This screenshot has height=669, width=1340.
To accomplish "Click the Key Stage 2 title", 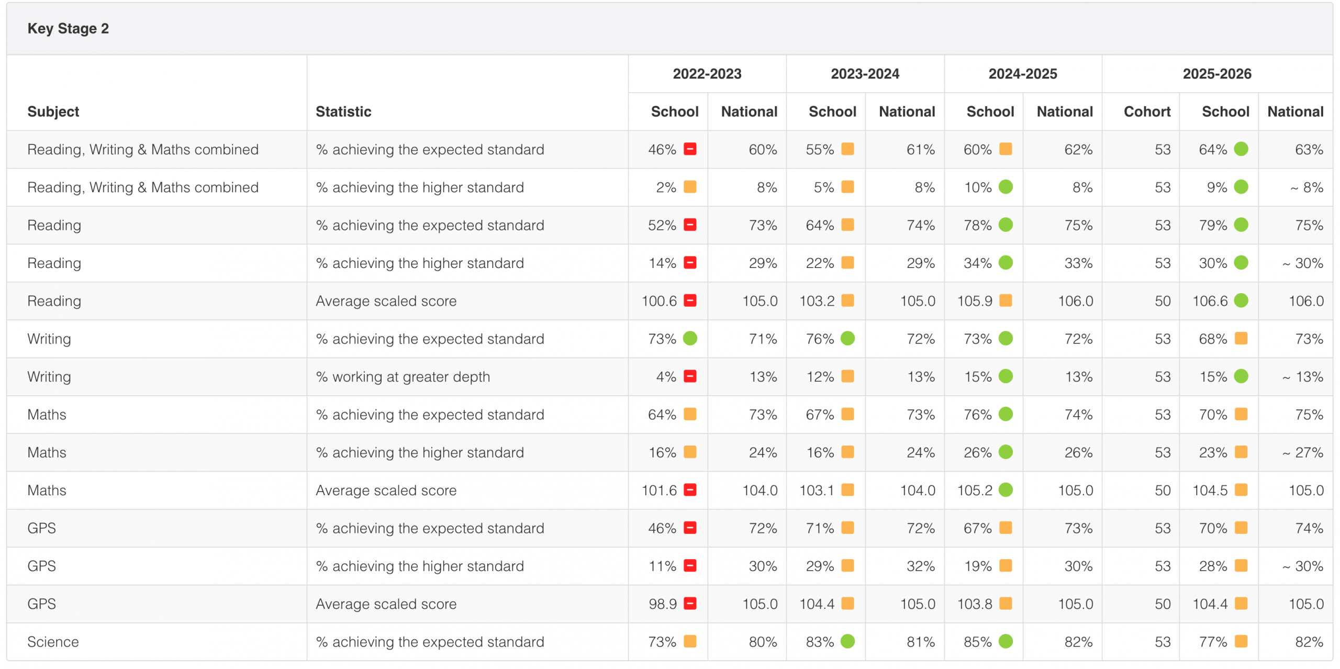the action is click(68, 28).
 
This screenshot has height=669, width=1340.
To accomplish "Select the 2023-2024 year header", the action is click(865, 74).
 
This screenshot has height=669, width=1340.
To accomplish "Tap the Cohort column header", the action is click(1147, 111).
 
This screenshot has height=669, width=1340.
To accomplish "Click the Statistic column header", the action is click(343, 111).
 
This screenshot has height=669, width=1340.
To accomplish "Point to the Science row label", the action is click(53, 642).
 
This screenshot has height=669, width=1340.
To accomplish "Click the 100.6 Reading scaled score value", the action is click(659, 301).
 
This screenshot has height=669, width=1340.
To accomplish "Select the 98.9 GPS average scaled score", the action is click(663, 604).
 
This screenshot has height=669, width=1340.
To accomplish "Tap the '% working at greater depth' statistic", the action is click(403, 377).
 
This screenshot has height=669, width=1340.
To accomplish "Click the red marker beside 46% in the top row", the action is click(690, 149).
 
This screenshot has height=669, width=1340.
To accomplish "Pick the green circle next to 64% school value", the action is click(1241, 149).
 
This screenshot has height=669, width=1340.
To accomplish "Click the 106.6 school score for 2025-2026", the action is click(1210, 301).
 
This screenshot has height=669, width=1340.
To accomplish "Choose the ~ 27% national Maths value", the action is click(1303, 453).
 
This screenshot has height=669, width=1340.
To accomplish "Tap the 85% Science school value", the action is click(978, 642).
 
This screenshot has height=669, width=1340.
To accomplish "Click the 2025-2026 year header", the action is click(1217, 74).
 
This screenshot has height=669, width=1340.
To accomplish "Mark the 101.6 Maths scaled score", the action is click(659, 490).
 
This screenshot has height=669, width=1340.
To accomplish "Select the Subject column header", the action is click(53, 111).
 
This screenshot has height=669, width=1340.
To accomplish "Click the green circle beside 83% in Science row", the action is click(848, 641).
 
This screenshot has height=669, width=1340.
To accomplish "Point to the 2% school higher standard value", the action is click(666, 187).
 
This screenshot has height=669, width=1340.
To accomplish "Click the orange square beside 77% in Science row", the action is click(1241, 641).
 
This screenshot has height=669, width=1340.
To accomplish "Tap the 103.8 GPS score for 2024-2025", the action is click(975, 604).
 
